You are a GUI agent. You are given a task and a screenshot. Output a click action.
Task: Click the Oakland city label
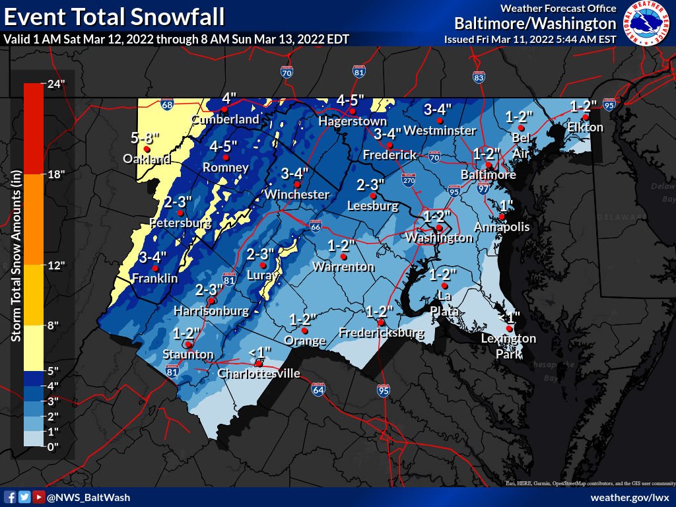coord(146,159)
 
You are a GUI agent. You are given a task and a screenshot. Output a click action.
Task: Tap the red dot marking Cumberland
coord(226,110)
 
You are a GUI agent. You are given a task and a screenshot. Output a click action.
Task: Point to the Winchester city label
coord(296,195)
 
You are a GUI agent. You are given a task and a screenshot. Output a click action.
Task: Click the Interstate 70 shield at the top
coord(287,73)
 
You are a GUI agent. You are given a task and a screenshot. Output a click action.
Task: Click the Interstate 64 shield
coord(318,389)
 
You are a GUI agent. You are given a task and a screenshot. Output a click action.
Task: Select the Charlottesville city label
coord(259,374)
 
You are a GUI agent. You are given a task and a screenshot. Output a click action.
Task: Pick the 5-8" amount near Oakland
coord(146,139)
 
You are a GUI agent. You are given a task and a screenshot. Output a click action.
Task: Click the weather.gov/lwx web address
coord(630,497)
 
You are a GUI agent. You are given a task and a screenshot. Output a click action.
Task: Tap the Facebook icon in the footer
coord(10,497)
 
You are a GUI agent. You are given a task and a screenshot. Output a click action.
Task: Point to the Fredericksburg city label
coord(381,333)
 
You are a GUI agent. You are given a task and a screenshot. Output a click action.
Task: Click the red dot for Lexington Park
coord(509,328)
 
